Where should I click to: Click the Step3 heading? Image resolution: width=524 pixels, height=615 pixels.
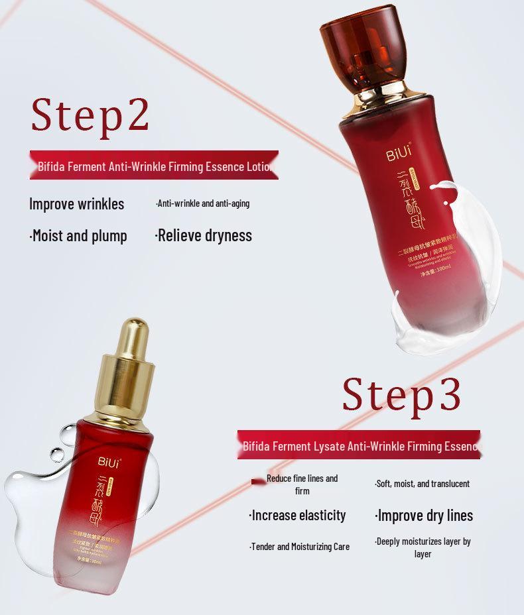pyautogui.click(x=401, y=394)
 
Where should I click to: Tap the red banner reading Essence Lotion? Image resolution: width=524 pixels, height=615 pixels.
pyautogui.click(x=154, y=166)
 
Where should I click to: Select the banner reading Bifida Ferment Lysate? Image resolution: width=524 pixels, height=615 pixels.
pyautogui.click(x=359, y=446)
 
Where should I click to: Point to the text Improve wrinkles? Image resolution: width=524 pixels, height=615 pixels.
pyautogui.click(x=76, y=203)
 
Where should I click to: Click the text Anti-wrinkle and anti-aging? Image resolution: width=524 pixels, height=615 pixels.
pyautogui.click(x=202, y=203)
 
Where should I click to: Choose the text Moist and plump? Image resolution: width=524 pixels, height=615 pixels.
pyautogui.click(x=78, y=235)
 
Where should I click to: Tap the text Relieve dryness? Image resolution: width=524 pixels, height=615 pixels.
pyautogui.click(x=203, y=235)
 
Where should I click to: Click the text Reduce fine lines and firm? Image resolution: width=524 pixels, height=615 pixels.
pyautogui.click(x=302, y=484)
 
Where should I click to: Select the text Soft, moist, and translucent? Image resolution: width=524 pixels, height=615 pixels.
pyautogui.click(x=422, y=484)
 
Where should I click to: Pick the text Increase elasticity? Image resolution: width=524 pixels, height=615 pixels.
pyautogui.click(x=297, y=515)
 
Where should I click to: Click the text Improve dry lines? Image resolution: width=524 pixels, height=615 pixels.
pyautogui.click(x=424, y=515)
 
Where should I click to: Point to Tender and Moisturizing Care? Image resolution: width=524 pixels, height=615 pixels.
pyautogui.click(x=299, y=547)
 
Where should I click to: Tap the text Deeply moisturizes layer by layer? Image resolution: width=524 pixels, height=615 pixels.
pyautogui.click(x=423, y=547)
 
